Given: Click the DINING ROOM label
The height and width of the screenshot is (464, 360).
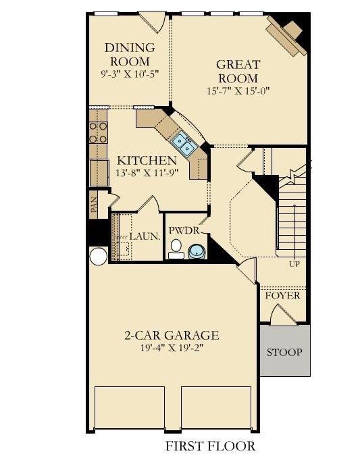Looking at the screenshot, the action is point(130,55).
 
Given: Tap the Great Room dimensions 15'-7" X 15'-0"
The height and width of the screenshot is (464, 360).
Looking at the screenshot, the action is point(238,91).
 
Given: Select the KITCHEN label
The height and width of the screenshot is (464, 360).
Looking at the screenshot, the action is point(147,160).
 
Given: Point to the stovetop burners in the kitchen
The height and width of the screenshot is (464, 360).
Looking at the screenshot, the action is point(98,132).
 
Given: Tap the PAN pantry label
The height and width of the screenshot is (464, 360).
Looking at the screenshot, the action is point(94,205).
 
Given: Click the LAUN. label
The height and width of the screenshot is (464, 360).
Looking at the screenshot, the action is point(145,236).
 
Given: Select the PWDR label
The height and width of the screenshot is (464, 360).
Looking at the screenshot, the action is point(184,230).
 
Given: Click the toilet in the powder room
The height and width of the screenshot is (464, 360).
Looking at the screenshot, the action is point(176,249).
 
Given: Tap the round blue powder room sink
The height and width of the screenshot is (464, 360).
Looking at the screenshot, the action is point(197,252).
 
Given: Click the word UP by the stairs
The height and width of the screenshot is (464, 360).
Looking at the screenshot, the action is point(294,263).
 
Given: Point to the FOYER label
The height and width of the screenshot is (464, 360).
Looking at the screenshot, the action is point(282,295).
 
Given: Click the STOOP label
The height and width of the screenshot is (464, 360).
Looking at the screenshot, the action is point(284,352).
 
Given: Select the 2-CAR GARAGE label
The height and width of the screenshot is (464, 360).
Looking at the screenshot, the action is point(172,335).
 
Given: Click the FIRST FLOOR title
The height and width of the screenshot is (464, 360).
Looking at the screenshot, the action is point(210,446).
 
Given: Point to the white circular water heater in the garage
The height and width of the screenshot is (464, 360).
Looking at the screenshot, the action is point(99,256).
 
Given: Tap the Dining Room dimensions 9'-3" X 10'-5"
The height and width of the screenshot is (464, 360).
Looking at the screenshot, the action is point(130,74).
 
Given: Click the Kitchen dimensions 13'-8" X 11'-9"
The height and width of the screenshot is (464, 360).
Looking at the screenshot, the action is point(147,172).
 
